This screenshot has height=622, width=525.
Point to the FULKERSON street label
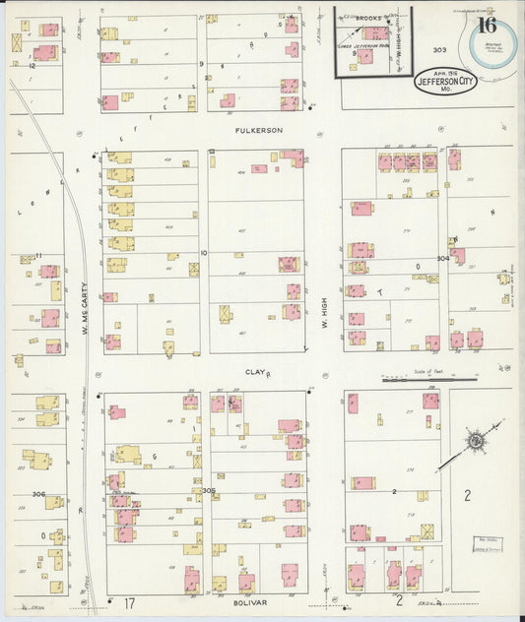tap(258, 130)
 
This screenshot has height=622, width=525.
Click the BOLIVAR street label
tap(251, 597)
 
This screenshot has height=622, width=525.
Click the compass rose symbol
tap(476, 440)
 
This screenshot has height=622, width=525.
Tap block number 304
tap(443, 259)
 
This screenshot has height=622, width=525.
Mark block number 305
tap(208, 490)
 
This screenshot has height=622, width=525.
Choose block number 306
tap(38, 494)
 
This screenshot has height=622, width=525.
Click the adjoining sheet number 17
tap(129, 602)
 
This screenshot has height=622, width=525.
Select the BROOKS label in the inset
tap(368, 18)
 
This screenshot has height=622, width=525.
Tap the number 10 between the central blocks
tap(204, 253)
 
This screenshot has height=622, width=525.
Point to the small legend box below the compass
tap(485, 544)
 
